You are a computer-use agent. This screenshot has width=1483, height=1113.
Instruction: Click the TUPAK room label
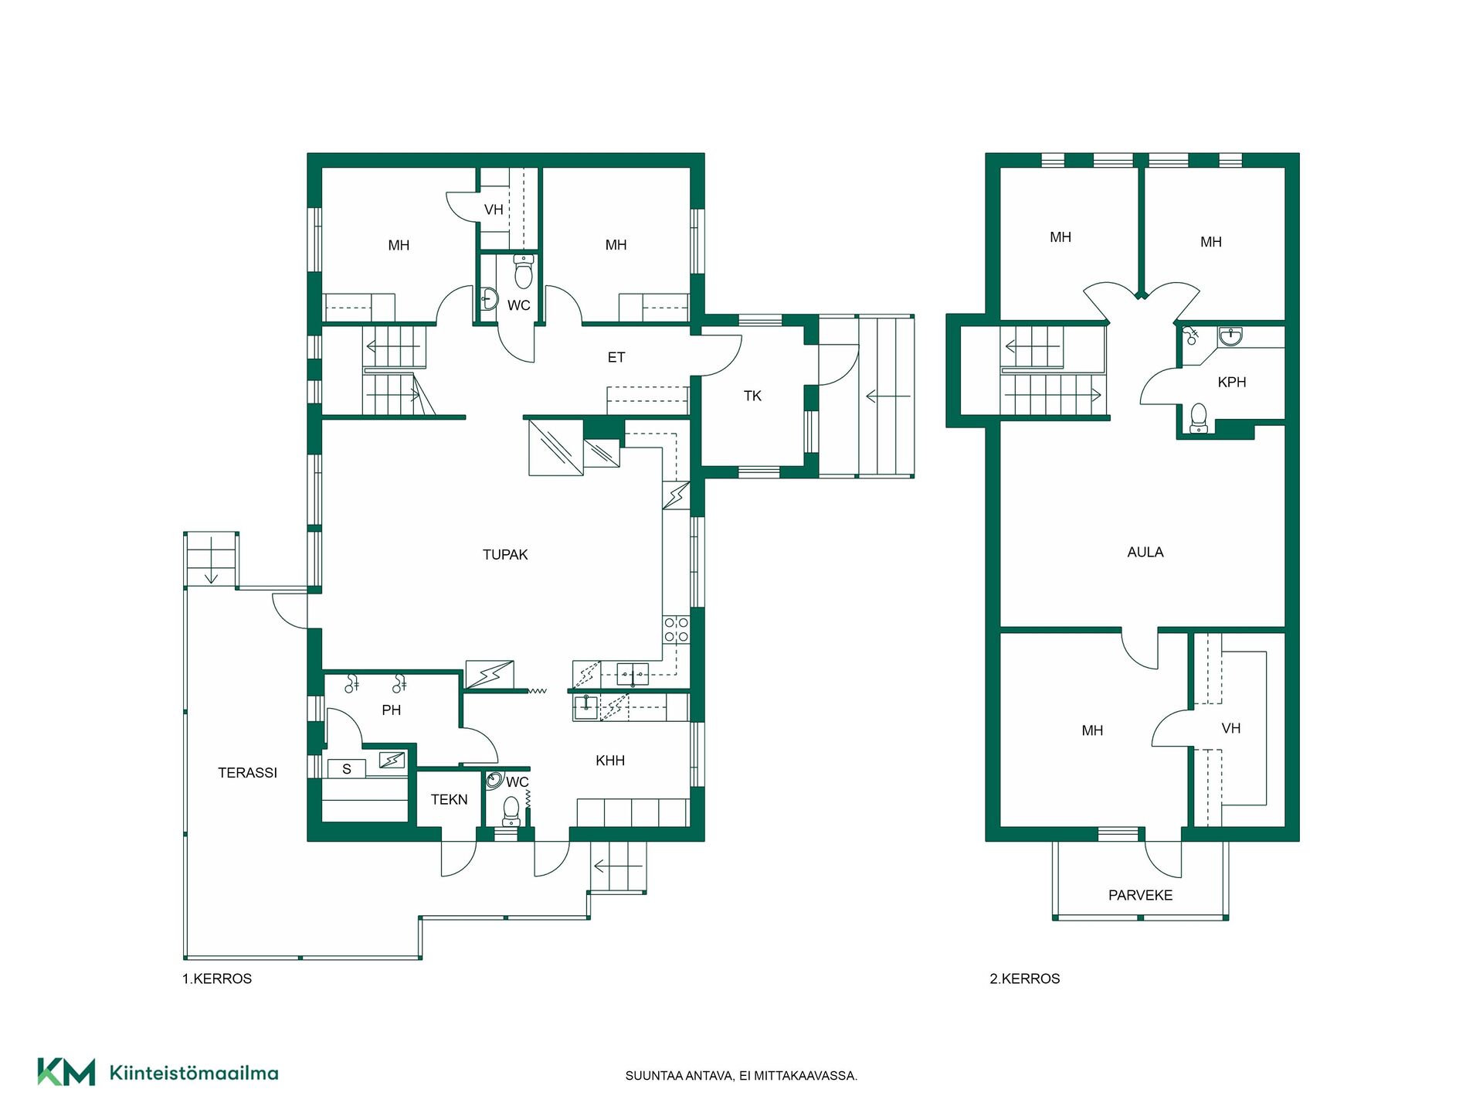(505, 554)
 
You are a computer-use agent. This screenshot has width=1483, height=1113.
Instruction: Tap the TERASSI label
(247, 772)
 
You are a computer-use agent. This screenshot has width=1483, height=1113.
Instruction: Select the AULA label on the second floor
(1145, 552)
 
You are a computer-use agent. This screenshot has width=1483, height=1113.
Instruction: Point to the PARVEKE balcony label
(1140, 895)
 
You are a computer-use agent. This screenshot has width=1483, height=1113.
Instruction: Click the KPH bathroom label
(1231, 382)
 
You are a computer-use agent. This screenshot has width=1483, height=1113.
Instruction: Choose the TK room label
(752, 396)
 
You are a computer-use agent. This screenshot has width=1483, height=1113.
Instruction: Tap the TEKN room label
(449, 799)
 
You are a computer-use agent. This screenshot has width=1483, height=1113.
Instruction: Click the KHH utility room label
(610, 761)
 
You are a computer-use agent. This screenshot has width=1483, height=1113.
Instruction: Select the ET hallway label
(616, 357)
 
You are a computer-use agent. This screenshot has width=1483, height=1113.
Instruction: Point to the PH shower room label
(391, 710)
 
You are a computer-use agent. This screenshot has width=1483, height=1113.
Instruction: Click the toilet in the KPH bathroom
(1198, 418)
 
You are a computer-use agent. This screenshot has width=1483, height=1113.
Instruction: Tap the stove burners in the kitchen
(676, 629)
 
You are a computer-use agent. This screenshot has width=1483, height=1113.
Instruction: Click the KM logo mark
(66, 1072)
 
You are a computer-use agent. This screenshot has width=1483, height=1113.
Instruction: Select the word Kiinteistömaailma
(194, 1073)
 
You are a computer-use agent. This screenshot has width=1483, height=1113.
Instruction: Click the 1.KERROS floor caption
(217, 979)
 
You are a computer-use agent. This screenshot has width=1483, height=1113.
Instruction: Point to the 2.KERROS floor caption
(1025, 979)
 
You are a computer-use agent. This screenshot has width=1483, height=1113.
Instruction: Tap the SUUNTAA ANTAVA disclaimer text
(741, 1076)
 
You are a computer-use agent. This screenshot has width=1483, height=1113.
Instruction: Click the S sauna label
(347, 769)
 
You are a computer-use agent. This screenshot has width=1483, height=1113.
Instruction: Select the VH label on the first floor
(494, 209)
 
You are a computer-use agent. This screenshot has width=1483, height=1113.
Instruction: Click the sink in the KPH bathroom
(1230, 336)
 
